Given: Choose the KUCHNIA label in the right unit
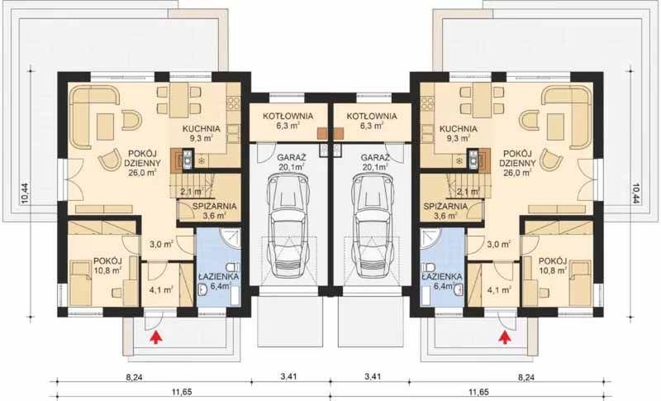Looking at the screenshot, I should tap(458, 129).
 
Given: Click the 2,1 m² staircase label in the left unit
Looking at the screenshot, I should tap(191, 192).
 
